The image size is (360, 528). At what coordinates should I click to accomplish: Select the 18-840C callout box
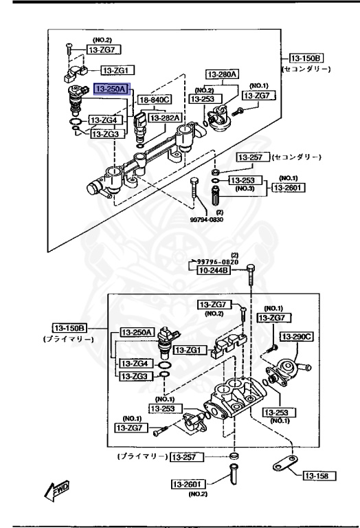(155, 100)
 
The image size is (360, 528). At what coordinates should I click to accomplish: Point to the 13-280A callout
(222, 74)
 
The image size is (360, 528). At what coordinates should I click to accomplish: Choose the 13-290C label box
(297, 336)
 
